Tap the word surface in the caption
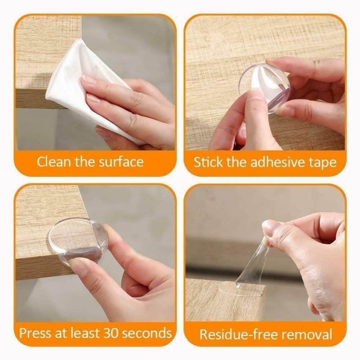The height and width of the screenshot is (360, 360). [121, 162]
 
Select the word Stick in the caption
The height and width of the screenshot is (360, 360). [208, 162]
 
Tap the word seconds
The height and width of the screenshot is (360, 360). [147, 333]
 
